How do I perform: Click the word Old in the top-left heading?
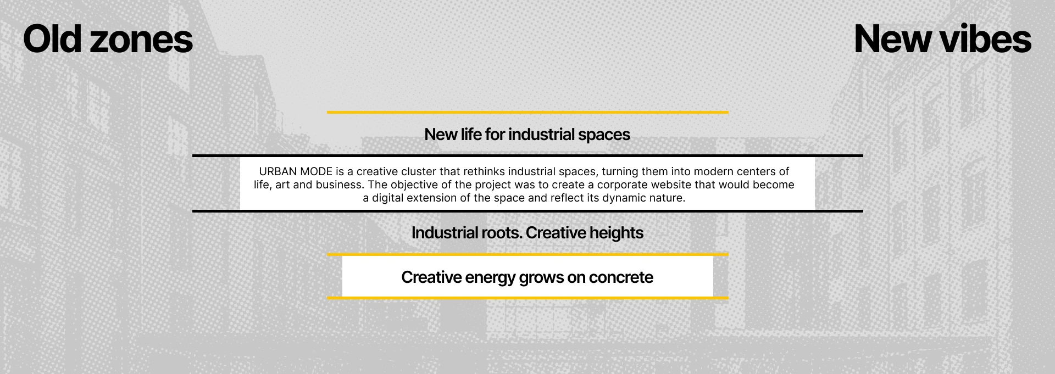click(52, 39)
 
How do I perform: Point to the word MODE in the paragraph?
click(316, 171)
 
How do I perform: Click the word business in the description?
click(340, 185)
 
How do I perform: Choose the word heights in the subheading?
click(616, 233)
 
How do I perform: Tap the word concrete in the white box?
click(621, 277)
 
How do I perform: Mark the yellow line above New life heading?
click(527, 112)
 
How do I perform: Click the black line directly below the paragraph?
click(527, 211)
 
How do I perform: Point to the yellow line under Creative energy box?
click(527, 298)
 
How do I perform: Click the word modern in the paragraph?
click(713, 171)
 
